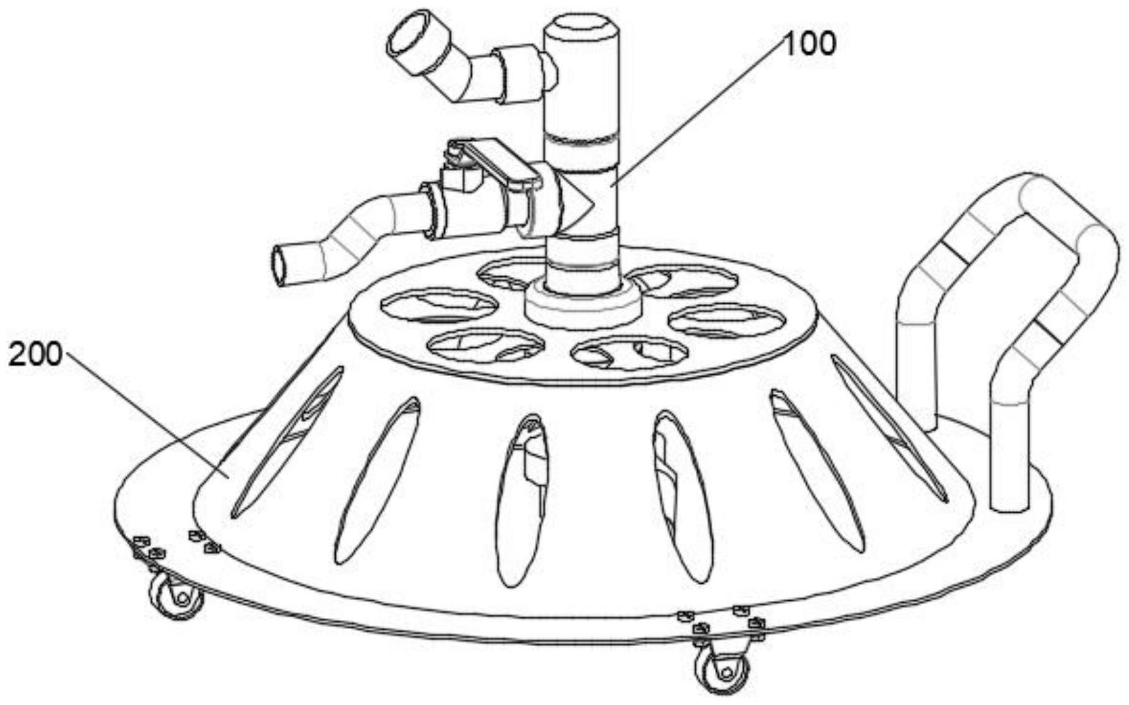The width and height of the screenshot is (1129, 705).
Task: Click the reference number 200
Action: coord(35,355)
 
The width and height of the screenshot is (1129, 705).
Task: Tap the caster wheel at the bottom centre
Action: coord(723,670)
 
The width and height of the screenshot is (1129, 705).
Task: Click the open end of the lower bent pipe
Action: coord(281,266)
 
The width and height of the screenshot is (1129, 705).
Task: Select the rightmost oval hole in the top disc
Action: coord(726,320)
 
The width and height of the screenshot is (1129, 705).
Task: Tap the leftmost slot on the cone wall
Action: coord(288,441)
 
